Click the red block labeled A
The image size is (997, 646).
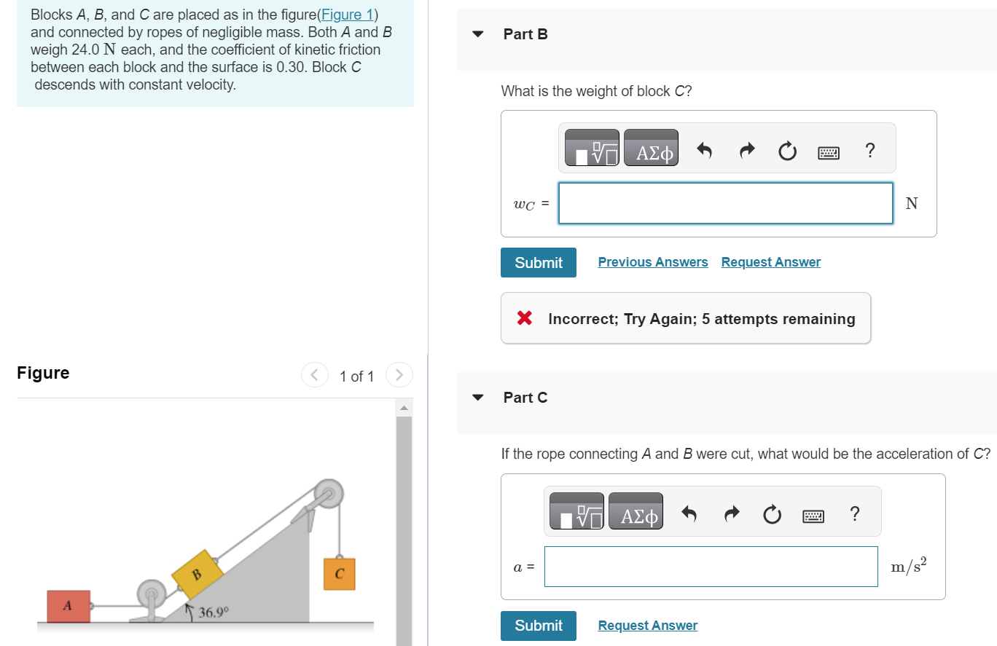point(69,606)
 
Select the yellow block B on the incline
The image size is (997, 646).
point(197,574)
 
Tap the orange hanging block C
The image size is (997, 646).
point(339,573)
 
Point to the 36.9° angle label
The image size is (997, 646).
point(214,612)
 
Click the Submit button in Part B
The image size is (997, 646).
point(538,263)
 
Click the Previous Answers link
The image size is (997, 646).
point(652,262)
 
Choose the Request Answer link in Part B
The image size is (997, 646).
point(770,262)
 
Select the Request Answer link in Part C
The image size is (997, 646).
point(647,626)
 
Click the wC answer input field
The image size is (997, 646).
point(725,203)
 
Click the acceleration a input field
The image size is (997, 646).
point(711,567)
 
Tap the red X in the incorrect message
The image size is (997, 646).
point(523,318)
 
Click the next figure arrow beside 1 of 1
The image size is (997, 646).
point(399,376)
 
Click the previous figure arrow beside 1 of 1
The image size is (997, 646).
point(315,376)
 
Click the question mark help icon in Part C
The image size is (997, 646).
point(854,514)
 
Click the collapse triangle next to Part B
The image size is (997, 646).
point(478,34)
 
